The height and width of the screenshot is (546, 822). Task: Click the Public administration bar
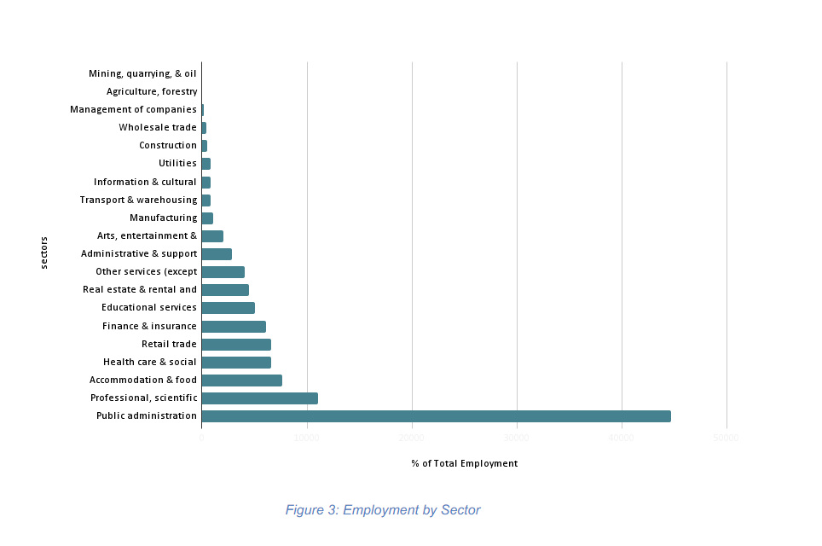(x=436, y=416)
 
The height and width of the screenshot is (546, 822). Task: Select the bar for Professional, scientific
(x=259, y=398)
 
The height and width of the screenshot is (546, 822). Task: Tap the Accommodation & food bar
(x=241, y=380)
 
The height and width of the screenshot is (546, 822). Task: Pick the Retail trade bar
(x=236, y=345)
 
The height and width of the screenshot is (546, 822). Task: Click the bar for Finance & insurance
(x=234, y=327)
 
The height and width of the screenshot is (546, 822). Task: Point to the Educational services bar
(x=228, y=308)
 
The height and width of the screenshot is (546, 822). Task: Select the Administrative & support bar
(x=217, y=254)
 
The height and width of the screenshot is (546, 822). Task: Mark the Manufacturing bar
(x=207, y=218)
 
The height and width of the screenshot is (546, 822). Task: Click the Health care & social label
(x=150, y=363)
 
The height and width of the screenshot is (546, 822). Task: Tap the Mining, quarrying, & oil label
(x=142, y=73)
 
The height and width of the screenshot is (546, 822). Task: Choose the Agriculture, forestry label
(x=152, y=91)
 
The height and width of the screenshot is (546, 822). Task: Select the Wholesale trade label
(x=158, y=128)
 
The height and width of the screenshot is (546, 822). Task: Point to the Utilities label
(x=177, y=164)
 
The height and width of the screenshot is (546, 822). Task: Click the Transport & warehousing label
(x=138, y=200)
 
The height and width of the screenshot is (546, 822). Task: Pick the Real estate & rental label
(x=140, y=290)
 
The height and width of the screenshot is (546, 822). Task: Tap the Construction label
(x=168, y=146)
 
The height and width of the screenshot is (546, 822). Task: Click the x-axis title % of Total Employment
(x=464, y=464)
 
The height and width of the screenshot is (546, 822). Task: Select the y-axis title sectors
(x=44, y=253)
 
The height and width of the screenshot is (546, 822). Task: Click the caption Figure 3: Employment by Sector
(x=383, y=510)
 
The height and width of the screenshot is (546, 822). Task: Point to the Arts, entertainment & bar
(x=212, y=236)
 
